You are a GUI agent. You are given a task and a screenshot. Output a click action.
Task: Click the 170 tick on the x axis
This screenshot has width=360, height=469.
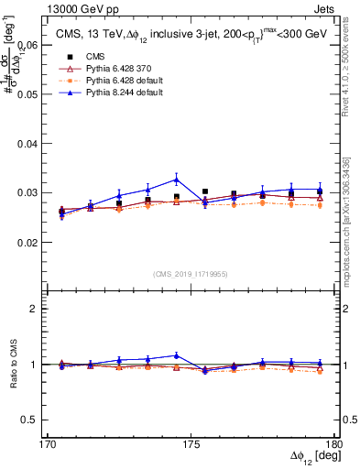(48, 443)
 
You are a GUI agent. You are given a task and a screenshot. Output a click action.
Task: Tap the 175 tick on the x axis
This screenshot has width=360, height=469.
(191, 443)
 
